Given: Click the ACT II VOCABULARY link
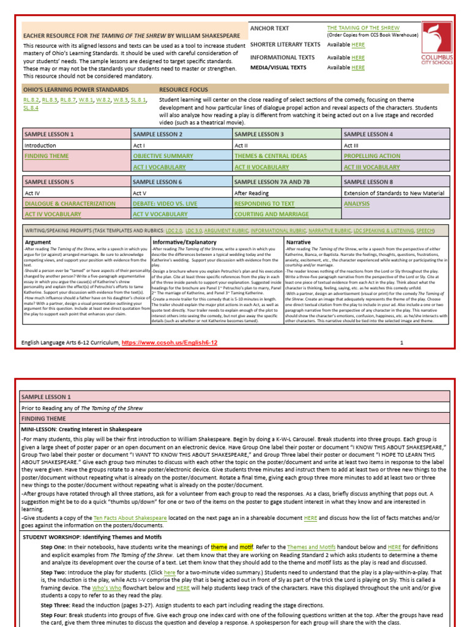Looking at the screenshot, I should click(x=261, y=167).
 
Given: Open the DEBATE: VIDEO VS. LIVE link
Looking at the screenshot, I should click(x=166, y=203).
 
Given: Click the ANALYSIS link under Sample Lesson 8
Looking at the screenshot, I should click(x=357, y=203).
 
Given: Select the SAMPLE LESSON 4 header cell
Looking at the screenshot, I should click(x=368, y=134).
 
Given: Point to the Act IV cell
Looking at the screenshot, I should click(x=32, y=193).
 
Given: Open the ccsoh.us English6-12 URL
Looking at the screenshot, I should click(x=170, y=343).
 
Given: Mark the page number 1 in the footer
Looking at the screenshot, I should click(x=401, y=343).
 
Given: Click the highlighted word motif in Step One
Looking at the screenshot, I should click(x=246, y=547).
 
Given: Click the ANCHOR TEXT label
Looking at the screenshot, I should click(x=270, y=29).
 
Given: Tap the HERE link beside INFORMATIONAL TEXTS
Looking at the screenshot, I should click(x=358, y=58).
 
